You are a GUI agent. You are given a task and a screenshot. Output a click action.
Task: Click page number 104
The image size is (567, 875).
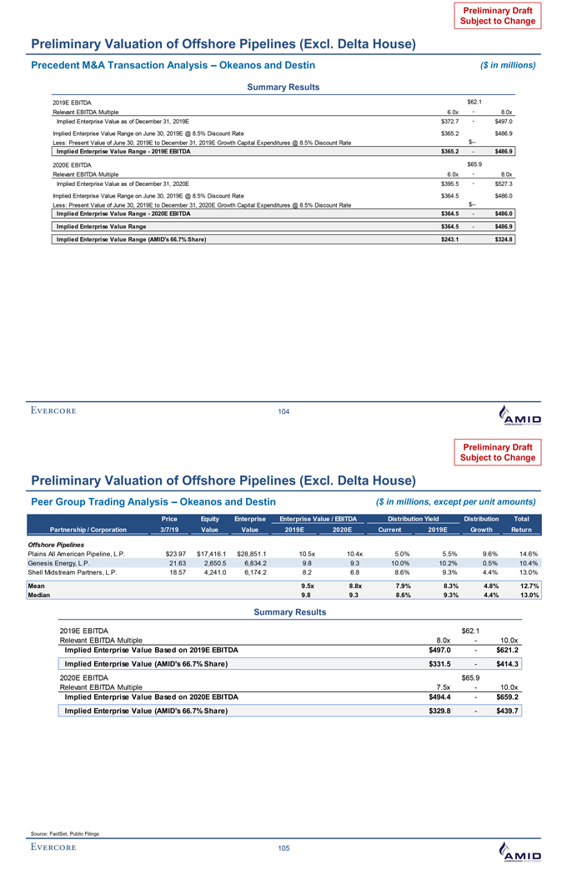[x=283, y=413]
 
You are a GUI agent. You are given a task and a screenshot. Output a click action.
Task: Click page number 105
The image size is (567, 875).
[x=283, y=848]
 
